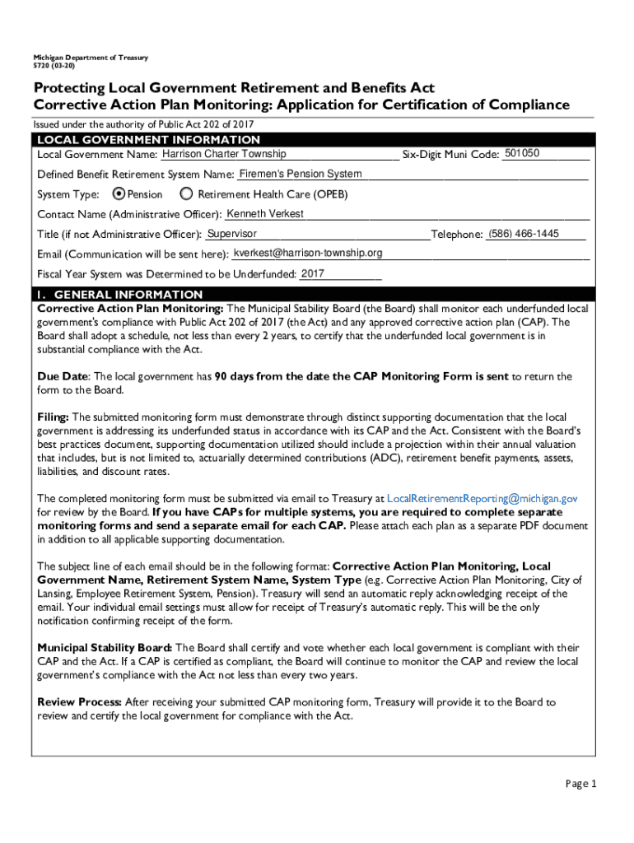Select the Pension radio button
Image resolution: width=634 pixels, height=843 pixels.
(118, 194)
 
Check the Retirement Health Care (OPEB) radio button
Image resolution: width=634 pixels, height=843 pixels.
(186, 194)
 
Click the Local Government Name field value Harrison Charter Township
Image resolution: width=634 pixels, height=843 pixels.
(224, 154)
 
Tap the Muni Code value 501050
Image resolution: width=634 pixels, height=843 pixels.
(522, 153)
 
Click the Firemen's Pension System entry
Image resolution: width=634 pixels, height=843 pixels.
(300, 174)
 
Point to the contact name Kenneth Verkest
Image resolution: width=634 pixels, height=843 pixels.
(265, 214)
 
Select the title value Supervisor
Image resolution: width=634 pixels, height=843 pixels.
(232, 234)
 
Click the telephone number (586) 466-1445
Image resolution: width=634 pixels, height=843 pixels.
(524, 234)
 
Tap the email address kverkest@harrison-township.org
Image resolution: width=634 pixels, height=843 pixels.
(308, 253)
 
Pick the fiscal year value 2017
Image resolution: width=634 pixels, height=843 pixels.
(313, 273)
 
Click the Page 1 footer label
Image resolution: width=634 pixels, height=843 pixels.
(580, 783)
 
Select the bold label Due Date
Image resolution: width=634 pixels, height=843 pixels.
(62, 376)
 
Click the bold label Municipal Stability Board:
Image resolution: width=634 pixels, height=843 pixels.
(105, 648)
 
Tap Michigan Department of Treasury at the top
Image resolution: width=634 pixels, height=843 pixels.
(91, 58)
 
